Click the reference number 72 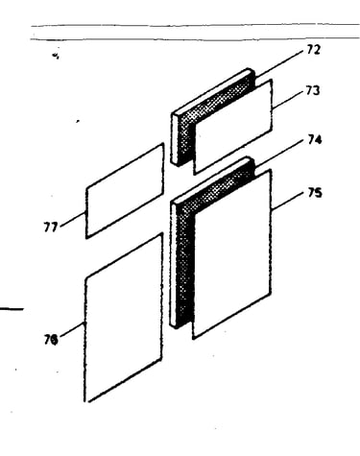313,50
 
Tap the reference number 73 313,91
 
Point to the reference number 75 315,193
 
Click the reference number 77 51,228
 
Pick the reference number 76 51,339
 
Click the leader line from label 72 279,63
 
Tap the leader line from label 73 287,101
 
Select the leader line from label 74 279,154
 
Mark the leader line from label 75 287,201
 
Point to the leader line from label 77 73,220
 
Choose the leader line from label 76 73,329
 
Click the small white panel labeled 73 233,127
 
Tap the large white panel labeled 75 232,253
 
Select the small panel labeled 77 125,191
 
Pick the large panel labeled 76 124,318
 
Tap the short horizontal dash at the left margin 12,309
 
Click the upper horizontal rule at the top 195,25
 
